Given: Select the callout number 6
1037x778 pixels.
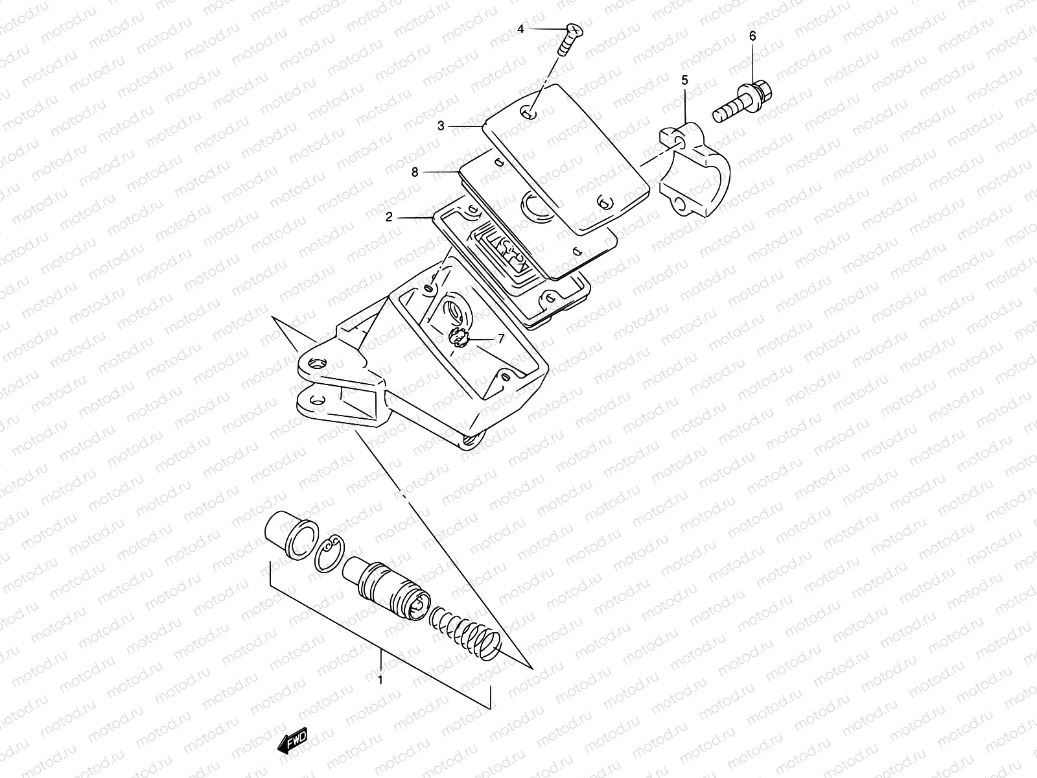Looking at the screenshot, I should coord(752,36).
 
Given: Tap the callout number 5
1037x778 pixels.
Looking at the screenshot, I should coord(684,80).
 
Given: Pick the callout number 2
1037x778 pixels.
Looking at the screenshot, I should coord(389,218).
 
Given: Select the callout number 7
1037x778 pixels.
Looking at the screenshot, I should coord(500,338).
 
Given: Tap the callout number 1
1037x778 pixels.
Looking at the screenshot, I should coord(380,680).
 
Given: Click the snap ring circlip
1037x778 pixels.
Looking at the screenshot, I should coord(331,556).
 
